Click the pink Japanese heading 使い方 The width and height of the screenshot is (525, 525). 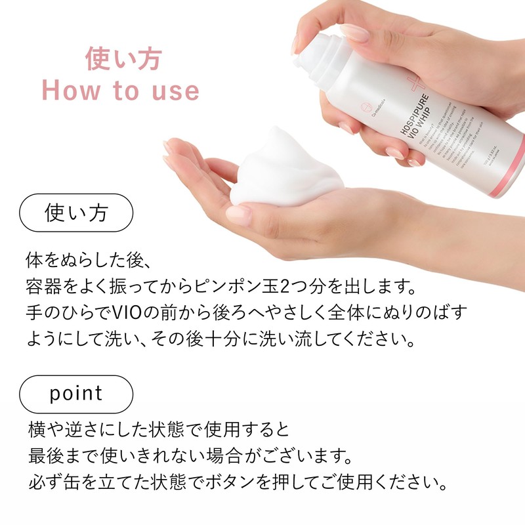[x=123, y=59]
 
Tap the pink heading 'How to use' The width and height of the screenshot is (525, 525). [x=121, y=91]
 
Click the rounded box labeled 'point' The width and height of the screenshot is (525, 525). [x=76, y=394]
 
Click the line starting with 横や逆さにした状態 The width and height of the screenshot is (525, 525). [x=157, y=430]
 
